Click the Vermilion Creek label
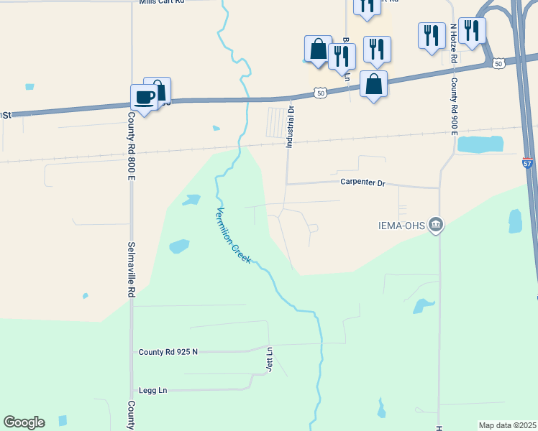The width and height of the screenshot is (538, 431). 234,235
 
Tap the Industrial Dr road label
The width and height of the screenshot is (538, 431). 291,127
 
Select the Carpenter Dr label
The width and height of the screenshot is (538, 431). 363,183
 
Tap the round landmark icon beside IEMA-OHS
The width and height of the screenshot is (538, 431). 435,226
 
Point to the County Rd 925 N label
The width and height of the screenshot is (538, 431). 168,352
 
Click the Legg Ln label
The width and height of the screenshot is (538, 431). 152,390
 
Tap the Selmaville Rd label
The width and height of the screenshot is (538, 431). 131,269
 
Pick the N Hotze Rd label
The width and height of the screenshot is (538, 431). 454,43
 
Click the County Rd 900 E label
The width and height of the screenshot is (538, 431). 454,104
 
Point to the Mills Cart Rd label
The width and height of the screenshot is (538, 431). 162,3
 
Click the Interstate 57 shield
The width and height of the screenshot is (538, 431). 528,163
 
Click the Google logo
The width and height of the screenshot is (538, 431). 24,422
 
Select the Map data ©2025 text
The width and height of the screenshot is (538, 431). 507,425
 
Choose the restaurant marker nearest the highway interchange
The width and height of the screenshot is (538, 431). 472,31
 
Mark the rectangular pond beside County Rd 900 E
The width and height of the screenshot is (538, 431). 480,144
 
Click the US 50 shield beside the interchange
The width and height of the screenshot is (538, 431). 498,64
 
